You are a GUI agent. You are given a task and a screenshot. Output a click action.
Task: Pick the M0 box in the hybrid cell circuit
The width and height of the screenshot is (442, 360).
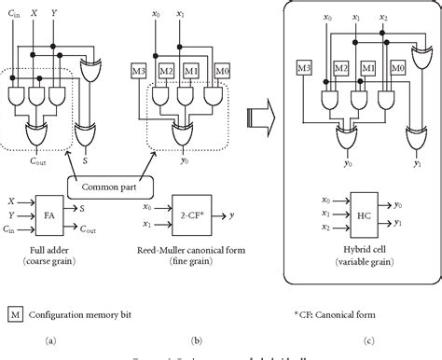point(398,70)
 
